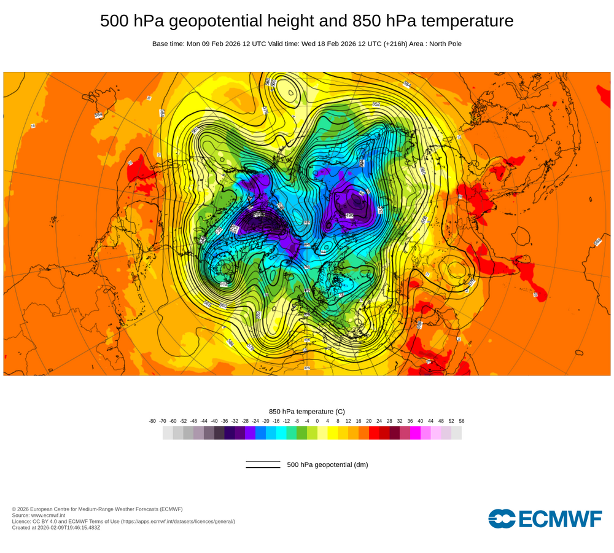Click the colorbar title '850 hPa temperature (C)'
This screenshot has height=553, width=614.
pos(307,411)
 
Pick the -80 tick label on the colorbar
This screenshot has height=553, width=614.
pos(152,421)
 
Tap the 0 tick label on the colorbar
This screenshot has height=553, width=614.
pos(317,421)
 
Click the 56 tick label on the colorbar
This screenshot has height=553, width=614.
pos(462,421)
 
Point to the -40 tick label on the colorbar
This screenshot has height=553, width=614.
pos(214,421)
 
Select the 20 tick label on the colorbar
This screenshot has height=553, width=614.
pos(369,421)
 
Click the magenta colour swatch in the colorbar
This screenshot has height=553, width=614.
pos(415,433)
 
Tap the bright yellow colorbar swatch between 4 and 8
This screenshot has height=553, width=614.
pos(333,433)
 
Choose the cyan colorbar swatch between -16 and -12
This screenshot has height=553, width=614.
pos(281,433)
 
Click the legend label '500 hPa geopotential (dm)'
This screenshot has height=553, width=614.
pos(327,465)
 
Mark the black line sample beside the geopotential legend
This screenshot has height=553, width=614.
pos(263,465)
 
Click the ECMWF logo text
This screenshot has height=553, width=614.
pos(560,519)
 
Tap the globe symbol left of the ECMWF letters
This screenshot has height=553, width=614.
pos(502,519)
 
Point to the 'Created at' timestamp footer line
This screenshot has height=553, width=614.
pos(56,527)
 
